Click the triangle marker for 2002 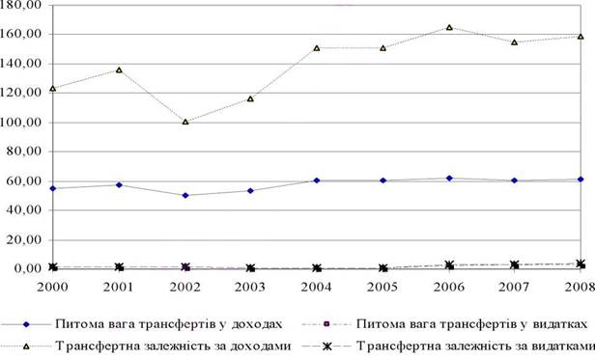(x=185, y=122)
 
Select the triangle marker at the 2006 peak (x=449, y=27)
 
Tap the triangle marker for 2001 (x=119, y=70)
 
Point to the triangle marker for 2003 (x=250, y=99)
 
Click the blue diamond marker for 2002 (x=185, y=195)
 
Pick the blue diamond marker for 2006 (x=449, y=178)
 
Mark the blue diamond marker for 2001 (x=119, y=184)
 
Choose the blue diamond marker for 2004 (x=317, y=180)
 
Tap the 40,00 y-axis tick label (x=23, y=209)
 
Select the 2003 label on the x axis (x=250, y=288)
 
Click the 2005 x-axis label (x=382, y=288)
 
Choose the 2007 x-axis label (x=514, y=288)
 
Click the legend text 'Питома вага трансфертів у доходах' (x=169, y=324)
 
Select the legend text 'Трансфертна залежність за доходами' (x=173, y=346)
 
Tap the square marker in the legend (x=326, y=324)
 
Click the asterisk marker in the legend (x=326, y=346)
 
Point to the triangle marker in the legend (x=26, y=346)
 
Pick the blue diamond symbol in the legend (x=26, y=324)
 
